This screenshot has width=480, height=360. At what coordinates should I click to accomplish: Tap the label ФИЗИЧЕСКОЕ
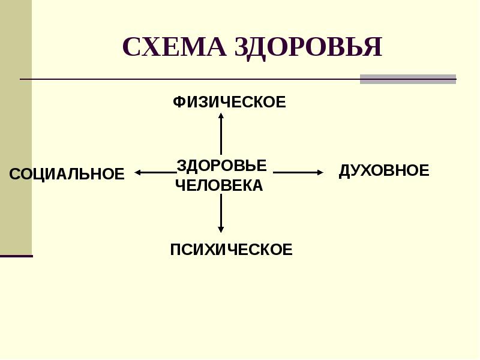point(229,103)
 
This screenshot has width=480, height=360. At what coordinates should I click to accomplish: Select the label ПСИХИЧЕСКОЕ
point(231,250)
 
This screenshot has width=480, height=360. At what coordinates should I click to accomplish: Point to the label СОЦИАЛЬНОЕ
point(67,175)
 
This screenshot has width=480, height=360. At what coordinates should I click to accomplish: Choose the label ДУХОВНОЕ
point(384,171)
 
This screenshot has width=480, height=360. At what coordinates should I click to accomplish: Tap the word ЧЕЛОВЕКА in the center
point(219,185)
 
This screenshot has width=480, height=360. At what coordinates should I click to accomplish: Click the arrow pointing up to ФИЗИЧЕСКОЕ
point(221,135)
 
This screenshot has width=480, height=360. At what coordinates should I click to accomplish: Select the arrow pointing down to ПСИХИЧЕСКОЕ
point(221,213)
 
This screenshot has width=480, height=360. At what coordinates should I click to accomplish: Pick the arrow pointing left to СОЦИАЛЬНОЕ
point(155,173)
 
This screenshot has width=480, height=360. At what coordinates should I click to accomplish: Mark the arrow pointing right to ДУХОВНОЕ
point(298,173)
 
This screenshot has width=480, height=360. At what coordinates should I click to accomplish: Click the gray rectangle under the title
point(407,79)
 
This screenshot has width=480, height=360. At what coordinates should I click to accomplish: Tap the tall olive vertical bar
point(16,126)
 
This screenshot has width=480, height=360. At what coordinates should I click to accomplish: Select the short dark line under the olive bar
point(16,256)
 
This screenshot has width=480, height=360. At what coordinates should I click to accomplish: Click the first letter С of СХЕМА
point(131,47)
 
